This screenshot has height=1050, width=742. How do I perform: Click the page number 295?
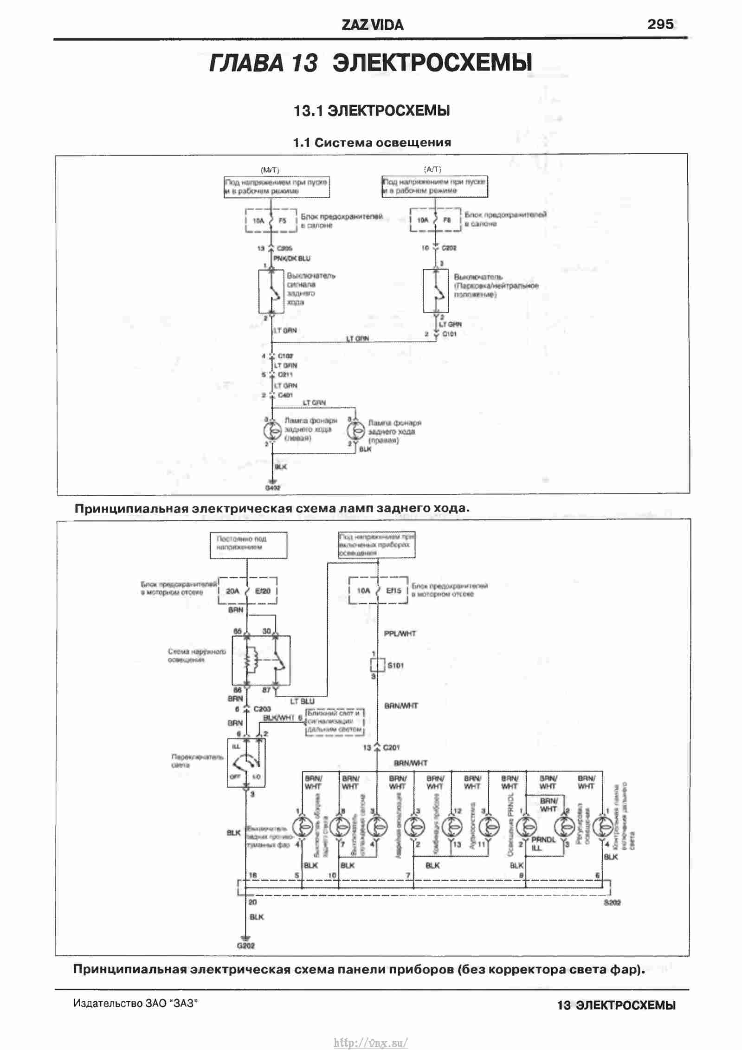(x=660, y=24)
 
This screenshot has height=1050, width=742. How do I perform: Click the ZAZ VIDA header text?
(x=372, y=25)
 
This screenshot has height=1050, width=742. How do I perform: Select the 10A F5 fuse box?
(x=271, y=221)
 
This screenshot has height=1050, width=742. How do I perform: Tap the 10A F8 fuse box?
(x=435, y=220)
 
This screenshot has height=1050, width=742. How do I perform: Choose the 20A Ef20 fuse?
(x=248, y=591)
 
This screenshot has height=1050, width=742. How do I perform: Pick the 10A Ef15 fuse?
(x=378, y=590)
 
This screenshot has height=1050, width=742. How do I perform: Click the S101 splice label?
(x=395, y=665)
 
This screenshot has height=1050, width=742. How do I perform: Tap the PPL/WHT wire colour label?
(x=400, y=633)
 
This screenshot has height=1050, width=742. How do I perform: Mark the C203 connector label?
(x=262, y=709)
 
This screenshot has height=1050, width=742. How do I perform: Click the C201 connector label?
(x=392, y=747)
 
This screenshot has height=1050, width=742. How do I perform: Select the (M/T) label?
(x=270, y=170)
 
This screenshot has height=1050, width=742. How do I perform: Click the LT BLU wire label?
(x=302, y=701)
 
